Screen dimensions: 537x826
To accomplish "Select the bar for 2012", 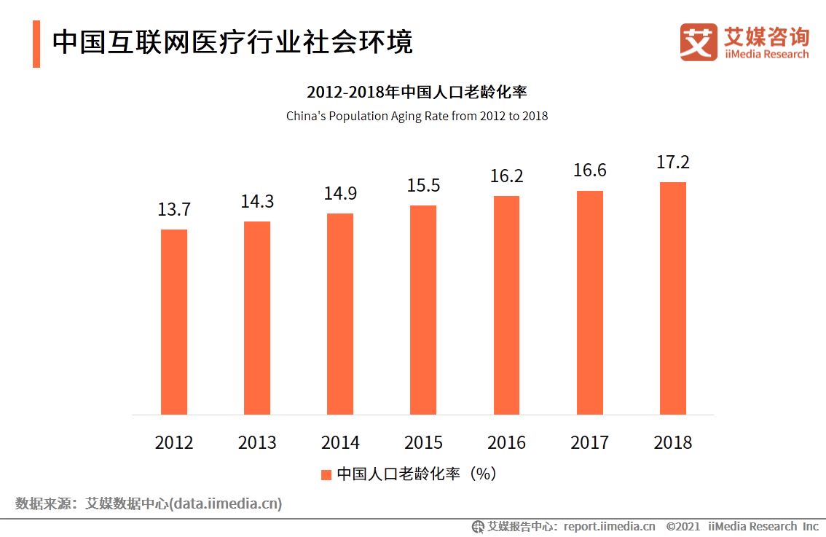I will (x=174, y=322).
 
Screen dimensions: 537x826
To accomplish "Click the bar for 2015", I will (x=423, y=310).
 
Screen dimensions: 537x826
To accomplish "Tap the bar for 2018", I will (x=673, y=298).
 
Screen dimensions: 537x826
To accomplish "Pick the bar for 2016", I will (x=506, y=305).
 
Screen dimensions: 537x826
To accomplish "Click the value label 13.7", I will (x=174, y=210).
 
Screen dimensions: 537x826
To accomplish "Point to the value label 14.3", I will (x=257, y=202).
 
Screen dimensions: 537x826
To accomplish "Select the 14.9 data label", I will (x=340, y=194).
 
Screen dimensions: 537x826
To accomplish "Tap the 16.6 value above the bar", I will (x=590, y=170).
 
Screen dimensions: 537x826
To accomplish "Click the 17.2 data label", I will (x=673, y=162).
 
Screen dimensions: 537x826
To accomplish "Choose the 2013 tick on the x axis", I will (x=257, y=442).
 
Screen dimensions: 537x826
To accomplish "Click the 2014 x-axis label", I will (x=340, y=442).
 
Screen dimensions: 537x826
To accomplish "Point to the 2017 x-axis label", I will (x=590, y=442).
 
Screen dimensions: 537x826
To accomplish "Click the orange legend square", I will (x=326, y=474).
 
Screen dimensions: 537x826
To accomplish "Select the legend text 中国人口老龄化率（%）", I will (x=416, y=474).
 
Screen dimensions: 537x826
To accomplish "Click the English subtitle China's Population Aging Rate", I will (x=417, y=116).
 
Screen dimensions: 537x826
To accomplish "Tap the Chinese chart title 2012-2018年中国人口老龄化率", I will (x=417, y=93).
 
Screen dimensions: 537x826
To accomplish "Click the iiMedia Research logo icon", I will (x=699, y=42).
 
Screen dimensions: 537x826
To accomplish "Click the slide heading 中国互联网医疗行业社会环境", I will (x=232, y=42).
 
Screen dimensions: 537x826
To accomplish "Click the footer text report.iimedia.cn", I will (x=609, y=526).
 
